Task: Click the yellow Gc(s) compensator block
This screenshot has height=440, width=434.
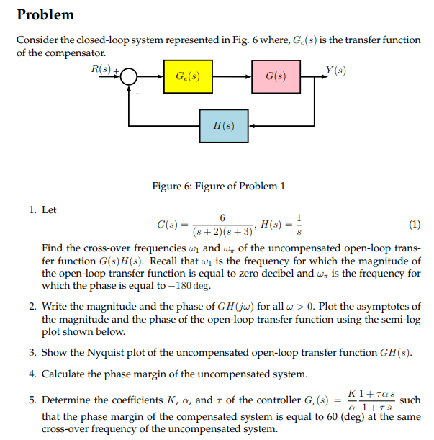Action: (188, 76)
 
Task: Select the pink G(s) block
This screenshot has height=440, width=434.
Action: (276, 76)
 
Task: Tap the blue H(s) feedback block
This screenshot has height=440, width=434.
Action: (225, 126)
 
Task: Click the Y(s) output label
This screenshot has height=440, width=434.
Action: (335, 71)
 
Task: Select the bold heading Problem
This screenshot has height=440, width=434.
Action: (45, 15)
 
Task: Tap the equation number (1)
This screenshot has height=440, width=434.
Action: (414, 224)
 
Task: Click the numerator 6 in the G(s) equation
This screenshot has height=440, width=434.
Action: (223, 217)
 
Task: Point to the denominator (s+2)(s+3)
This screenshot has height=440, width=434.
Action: (223, 232)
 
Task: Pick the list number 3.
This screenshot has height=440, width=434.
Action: (33, 353)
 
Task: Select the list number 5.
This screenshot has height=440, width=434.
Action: (33, 400)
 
